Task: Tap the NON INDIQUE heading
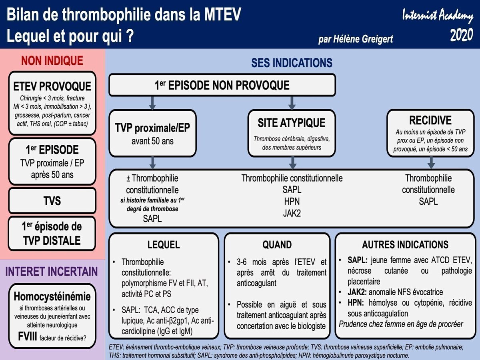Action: point(52,61)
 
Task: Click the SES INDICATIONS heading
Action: point(292,63)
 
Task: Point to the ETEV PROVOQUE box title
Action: point(52,86)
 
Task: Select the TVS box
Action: point(52,200)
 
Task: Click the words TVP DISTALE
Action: point(52,240)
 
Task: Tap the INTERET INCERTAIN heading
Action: point(52,272)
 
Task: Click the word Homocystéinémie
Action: point(52,296)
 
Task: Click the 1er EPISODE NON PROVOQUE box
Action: point(222,85)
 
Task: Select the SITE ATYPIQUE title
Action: point(291,123)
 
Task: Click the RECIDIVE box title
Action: point(430,120)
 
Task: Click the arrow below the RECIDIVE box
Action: point(431,162)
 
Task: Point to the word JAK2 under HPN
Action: point(292,213)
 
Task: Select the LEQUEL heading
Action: point(164,245)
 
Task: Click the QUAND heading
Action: point(277,245)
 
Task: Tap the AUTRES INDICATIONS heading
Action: point(405,245)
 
